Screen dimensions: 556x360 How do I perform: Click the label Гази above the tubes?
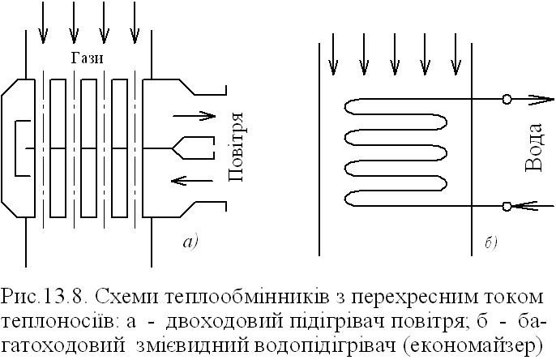coord(87,58)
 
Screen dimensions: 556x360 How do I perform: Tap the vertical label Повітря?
coord(235,147)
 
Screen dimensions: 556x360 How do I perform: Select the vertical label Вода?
coord(533,148)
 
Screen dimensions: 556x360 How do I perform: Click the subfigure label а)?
coord(190,242)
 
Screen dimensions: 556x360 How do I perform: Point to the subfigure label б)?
coord(491,242)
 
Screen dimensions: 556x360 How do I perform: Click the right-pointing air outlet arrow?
coord(194,116)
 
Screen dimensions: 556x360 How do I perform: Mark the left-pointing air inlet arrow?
coord(192,181)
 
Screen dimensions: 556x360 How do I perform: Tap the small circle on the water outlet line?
coord(507,99)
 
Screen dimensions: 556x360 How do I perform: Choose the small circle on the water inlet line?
coord(507,206)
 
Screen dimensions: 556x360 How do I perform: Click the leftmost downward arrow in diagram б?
coord(333,54)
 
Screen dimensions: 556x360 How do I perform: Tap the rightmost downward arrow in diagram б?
coord(456,54)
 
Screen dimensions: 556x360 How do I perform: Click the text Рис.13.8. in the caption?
coord(45,296)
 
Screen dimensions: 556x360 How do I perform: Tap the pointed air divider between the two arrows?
coord(194,148)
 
